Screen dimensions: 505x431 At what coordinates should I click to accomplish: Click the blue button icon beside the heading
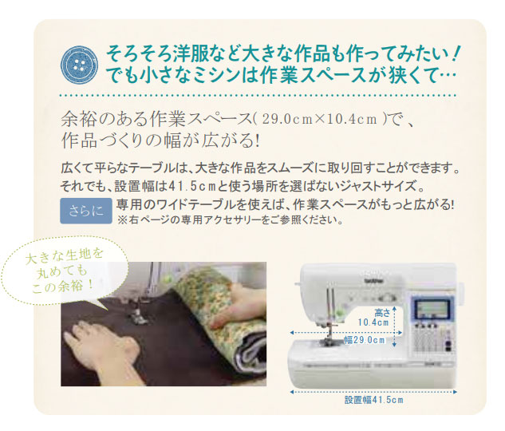coord(79,65)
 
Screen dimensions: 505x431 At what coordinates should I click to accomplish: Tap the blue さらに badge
coord(86,212)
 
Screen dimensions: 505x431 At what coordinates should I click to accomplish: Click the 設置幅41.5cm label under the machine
coord(373,400)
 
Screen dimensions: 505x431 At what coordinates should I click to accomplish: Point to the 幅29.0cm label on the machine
coord(365,340)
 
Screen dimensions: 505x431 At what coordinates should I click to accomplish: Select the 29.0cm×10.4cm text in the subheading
coord(320,120)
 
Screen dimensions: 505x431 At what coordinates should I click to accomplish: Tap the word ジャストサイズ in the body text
coord(381,186)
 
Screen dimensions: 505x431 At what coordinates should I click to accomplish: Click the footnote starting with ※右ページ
coord(230,220)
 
